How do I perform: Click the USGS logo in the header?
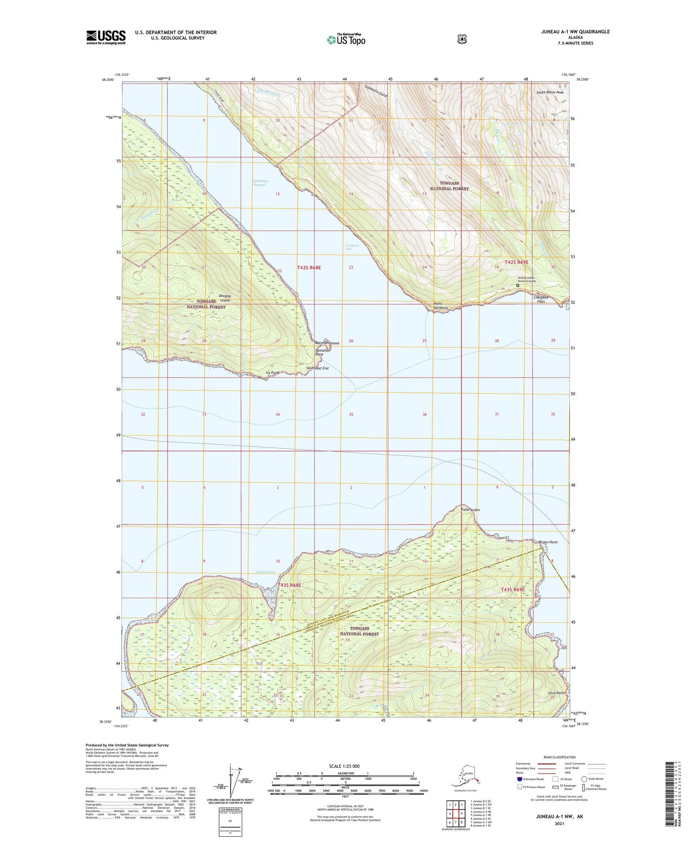coord(106,37)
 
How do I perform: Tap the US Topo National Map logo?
coord(346,39)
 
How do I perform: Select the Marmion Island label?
coord(327,343)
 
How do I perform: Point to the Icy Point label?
coord(272,373)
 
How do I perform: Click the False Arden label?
coord(470,510)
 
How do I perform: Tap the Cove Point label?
coord(556,693)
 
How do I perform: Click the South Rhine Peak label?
coord(550,92)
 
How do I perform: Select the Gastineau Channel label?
coord(260,183)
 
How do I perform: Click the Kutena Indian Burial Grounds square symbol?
coord(518,285)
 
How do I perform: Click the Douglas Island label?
coord(224,298)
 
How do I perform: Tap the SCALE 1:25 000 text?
coord(344,766)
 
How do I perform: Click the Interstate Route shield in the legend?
coord(520,779)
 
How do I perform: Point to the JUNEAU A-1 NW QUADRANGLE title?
coord(569,32)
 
